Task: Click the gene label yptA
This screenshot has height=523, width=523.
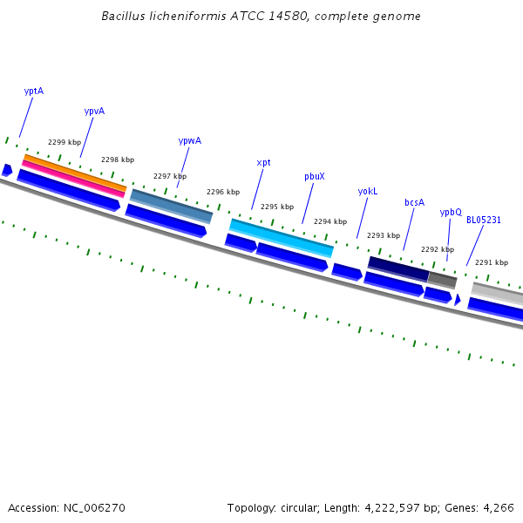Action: click(34, 91)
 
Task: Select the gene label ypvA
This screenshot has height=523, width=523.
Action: click(94, 111)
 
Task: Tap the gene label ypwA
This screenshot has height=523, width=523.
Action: click(189, 140)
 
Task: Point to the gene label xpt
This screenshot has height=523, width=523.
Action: click(263, 162)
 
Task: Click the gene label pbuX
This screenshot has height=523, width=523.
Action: click(314, 176)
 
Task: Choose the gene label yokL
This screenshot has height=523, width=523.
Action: click(368, 191)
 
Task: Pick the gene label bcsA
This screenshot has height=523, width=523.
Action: click(414, 202)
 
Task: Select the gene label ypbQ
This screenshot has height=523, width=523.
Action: click(450, 212)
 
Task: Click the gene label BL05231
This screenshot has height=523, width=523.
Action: click(483, 220)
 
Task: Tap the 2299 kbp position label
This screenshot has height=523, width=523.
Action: click(65, 142)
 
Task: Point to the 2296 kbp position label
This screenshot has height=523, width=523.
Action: click(222, 192)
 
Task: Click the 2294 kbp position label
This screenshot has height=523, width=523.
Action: click(330, 221)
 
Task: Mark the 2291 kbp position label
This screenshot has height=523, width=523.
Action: click(491, 261)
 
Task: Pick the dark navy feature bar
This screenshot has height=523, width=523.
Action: click(397, 267)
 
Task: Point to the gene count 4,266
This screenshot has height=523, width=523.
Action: click(498, 507)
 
